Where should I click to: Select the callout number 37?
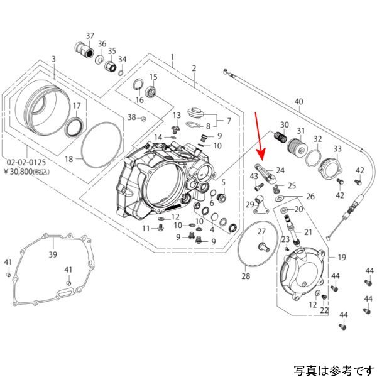pos(90,35)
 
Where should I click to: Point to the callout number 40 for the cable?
pos(298,102)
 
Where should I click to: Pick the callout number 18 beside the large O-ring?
pos(69,160)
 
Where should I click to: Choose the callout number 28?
pos(246,276)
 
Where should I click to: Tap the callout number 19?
pos(342,258)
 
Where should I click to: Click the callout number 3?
pos(53,59)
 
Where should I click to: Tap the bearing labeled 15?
pos(151,93)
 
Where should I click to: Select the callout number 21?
pos(308,232)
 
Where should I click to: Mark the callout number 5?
pos(222,182)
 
